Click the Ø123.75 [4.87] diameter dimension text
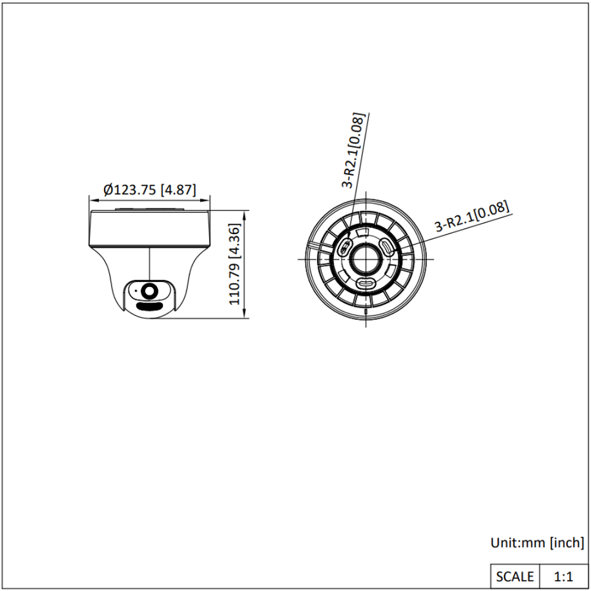[150, 189]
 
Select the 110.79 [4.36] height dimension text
[234, 265]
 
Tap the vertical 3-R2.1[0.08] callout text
[353, 150]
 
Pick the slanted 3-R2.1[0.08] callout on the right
[472, 216]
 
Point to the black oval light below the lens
[149, 306]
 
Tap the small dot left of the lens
[136, 290]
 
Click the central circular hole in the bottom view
[366, 259]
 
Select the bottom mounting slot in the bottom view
[366, 283]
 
